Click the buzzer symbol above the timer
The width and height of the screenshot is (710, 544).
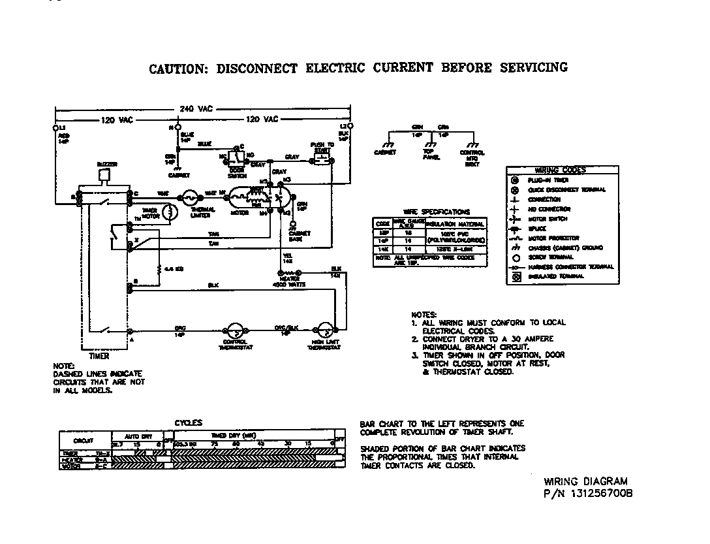pyautogui.click(x=103, y=175)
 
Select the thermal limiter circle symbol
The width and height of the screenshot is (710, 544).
pyautogui.click(x=191, y=195)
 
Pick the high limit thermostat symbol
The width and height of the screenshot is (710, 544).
pyautogui.click(x=324, y=331)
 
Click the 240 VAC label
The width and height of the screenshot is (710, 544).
pyautogui.click(x=194, y=108)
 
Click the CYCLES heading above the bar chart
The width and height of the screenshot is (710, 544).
pyautogui.click(x=189, y=423)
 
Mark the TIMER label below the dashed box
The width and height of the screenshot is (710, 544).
pyautogui.click(x=99, y=357)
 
